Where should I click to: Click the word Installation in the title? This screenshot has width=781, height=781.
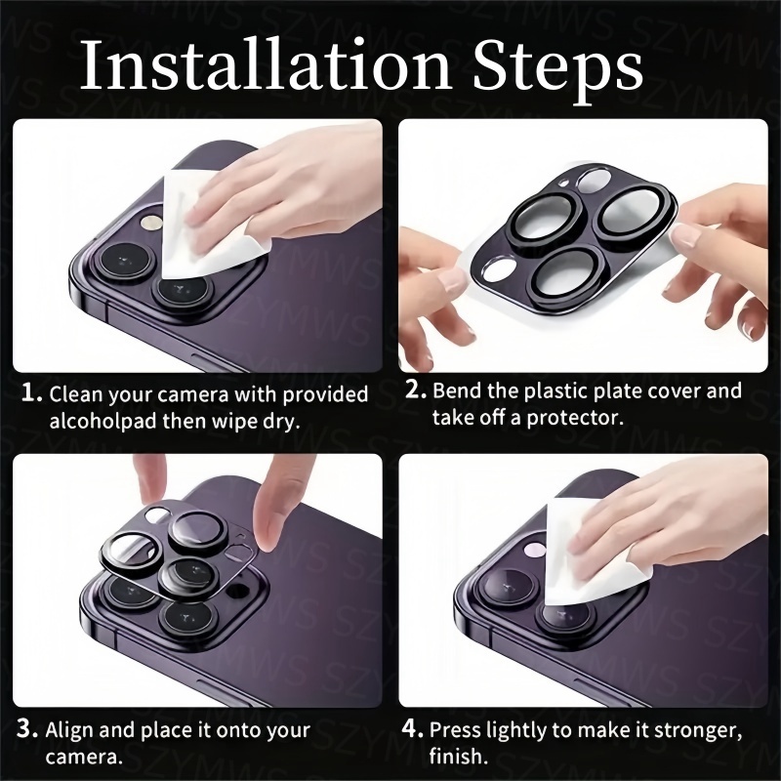tap(265, 65)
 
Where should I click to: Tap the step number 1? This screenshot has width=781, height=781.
tap(31, 393)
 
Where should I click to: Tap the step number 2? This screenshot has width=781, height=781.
tap(416, 390)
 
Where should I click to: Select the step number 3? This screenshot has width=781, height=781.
tap(27, 729)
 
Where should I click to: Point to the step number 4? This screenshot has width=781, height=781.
tap(412, 729)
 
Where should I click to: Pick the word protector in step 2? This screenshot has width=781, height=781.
tap(575, 419)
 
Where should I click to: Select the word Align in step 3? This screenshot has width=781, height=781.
tap(69, 730)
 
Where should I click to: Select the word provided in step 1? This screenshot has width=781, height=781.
tap(325, 395)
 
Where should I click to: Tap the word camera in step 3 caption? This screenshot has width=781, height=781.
tap(84, 758)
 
